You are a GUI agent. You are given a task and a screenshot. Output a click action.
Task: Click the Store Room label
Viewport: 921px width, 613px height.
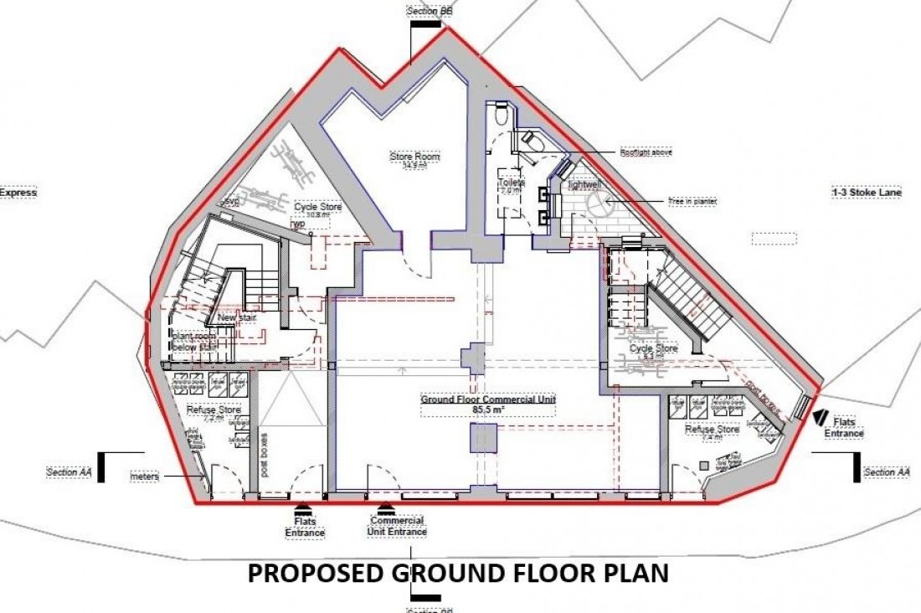pyautogui.click(x=414, y=157)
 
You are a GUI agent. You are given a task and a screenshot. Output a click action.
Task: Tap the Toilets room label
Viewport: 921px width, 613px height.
pyautogui.click(x=512, y=182)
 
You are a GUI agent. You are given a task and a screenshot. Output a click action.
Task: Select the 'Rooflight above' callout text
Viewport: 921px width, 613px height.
pyautogui.click(x=646, y=153)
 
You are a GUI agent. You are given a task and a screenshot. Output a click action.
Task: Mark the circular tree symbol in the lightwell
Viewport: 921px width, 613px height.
pyautogui.click(x=599, y=203)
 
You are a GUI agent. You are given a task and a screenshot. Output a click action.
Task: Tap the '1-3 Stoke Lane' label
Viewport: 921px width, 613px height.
pyautogui.click(x=866, y=193)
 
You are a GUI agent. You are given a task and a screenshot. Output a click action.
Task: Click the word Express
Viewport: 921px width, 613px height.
pyautogui.click(x=18, y=193)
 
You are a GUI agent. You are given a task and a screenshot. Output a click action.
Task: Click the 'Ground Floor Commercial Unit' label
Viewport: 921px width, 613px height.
pyautogui.click(x=488, y=400)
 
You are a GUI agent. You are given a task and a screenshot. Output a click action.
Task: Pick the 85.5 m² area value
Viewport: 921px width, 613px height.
pyautogui.click(x=488, y=411)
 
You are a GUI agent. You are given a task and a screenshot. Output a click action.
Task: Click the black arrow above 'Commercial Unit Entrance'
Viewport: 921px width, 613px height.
pyautogui.click(x=385, y=507)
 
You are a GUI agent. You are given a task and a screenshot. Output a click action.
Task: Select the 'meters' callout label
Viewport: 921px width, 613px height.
pyautogui.click(x=144, y=477)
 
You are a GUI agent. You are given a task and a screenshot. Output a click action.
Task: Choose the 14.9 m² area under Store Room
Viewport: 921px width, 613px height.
pyautogui.click(x=414, y=167)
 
